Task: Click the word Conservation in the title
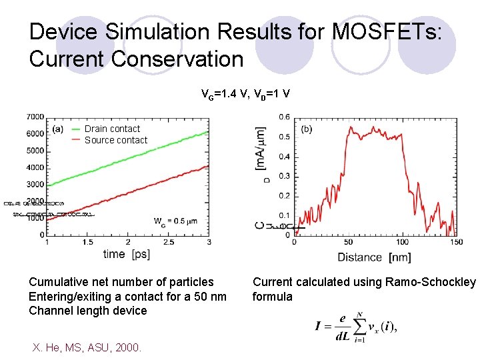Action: (177, 59)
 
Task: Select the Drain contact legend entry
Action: (112, 129)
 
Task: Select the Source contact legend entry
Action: (116, 140)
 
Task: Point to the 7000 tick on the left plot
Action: (35, 117)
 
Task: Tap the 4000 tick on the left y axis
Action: (35, 168)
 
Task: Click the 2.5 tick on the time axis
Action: (169, 242)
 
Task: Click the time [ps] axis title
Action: (127, 254)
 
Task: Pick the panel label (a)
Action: (57, 129)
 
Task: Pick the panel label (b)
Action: (307, 129)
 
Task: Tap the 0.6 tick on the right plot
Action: (284, 117)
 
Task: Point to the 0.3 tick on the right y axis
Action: (284, 177)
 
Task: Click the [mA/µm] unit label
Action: (261, 148)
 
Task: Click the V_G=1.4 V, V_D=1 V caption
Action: (245, 93)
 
